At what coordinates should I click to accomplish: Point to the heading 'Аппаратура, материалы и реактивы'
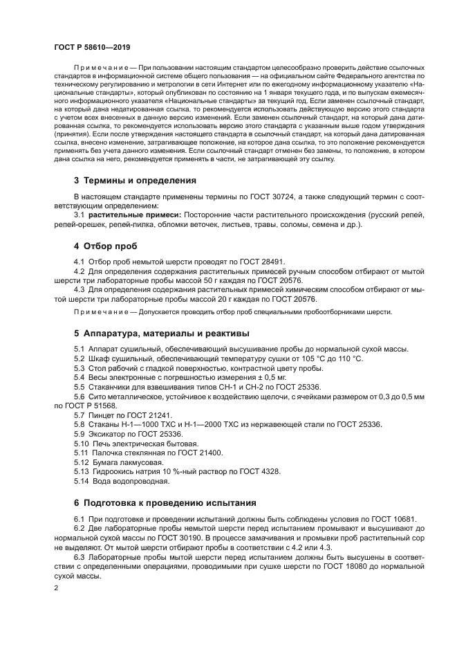pos(161,333)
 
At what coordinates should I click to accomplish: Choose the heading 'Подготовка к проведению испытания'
pos(165,502)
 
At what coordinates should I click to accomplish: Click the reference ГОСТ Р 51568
pos(82,405)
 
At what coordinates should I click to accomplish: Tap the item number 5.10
pos(82,442)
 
